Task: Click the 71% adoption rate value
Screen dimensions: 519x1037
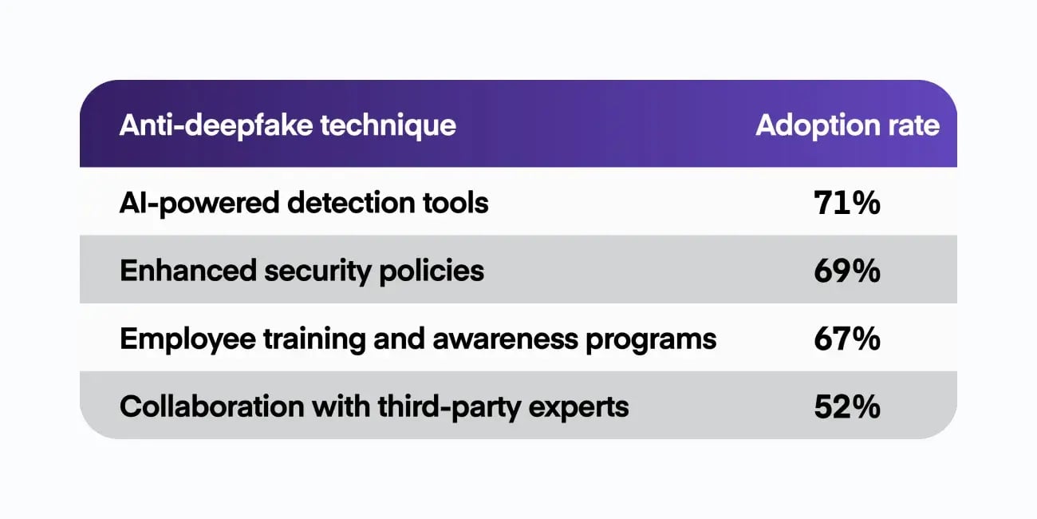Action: pos(846,204)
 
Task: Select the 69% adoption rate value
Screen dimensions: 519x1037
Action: pos(846,271)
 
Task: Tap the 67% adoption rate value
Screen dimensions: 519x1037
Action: pos(846,339)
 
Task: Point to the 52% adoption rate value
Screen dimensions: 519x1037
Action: pos(846,407)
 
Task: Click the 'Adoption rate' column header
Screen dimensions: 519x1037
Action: pos(847,125)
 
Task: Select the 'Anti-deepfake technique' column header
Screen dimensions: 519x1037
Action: pos(287,125)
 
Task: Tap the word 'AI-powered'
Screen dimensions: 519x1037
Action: pos(199,204)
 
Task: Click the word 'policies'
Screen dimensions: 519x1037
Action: pos(437,271)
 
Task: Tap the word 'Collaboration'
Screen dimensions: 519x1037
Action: pos(203,407)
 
